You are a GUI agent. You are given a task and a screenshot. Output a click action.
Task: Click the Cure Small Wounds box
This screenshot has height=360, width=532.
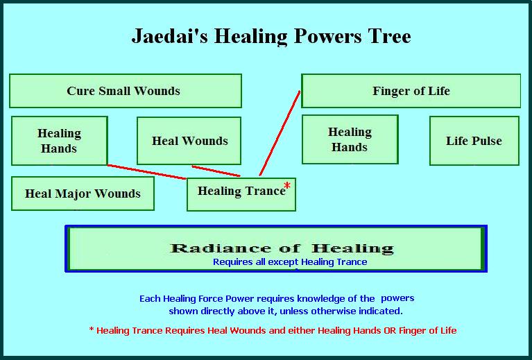pos(126,91)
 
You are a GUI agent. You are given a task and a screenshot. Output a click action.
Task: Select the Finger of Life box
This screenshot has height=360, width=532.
pos(411,91)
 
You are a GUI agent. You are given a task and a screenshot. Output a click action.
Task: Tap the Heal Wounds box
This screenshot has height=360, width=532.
pos(189,141)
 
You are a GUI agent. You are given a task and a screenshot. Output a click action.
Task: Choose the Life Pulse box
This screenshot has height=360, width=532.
pos(474,141)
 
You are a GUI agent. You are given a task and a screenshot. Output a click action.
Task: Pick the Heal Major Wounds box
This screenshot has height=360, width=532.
pos(83,194)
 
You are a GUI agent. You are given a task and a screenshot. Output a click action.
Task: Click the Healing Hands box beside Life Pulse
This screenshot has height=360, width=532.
pos(350,139)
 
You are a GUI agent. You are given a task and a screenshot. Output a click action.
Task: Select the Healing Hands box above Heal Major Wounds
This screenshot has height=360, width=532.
pos(60,141)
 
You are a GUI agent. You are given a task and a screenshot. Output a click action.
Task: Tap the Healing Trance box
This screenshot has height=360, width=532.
pos(241,194)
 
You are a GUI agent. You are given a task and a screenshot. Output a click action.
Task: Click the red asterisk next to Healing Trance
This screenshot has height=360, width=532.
pos(287,186)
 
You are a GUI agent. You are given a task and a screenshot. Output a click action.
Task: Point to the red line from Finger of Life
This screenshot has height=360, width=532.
pos(280,133)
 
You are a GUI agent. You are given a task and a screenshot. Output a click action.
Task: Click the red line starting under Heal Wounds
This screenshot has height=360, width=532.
pos(216,171)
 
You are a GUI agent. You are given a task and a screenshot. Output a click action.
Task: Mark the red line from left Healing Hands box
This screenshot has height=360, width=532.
pos(147,172)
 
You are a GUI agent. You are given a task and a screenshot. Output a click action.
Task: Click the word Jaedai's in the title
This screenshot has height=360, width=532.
pos(170,36)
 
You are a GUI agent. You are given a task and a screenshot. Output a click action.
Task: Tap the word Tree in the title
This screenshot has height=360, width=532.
pos(391,36)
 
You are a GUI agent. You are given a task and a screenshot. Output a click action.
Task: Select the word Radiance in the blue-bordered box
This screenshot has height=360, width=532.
pos(221,248)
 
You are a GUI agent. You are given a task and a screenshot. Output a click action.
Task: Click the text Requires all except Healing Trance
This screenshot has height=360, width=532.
pos(290,262)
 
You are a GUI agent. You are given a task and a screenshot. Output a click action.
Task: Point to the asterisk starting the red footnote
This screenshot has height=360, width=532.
pos(92,329)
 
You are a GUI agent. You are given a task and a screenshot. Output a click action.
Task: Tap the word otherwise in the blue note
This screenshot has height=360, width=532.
pos(334,311)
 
